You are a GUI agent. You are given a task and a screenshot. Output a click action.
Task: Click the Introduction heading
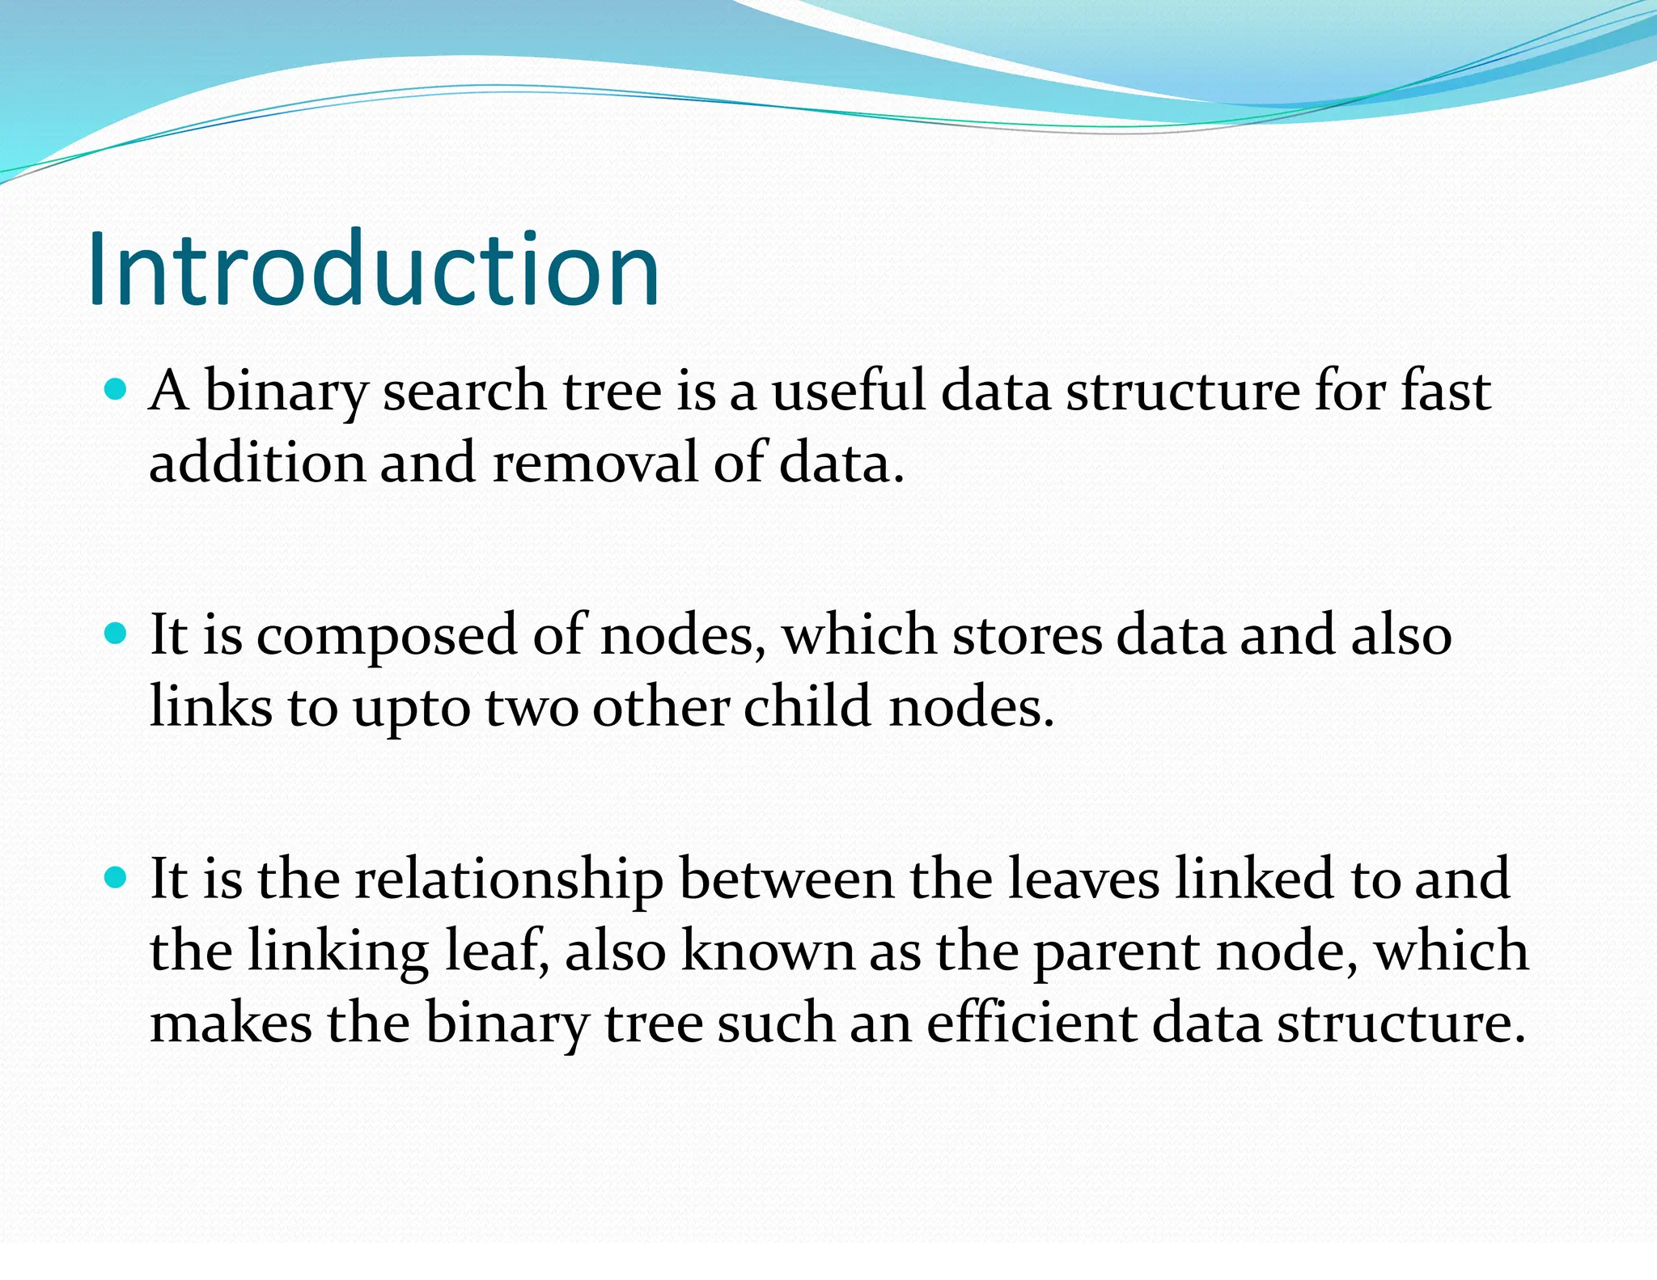(x=374, y=269)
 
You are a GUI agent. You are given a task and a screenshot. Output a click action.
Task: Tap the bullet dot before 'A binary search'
(x=117, y=392)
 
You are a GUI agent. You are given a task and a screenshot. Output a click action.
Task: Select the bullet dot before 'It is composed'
(x=117, y=634)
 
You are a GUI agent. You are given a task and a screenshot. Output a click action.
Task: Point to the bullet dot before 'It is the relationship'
(x=117, y=878)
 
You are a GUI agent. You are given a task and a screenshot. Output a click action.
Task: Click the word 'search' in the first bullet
(x=464, y=392)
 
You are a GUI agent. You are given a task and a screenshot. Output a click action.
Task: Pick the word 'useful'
(x=848, y=392)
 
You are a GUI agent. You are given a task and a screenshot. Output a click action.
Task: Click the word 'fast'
(x=1445, y=392)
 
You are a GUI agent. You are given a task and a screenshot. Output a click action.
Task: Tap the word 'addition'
(x=257, y=464)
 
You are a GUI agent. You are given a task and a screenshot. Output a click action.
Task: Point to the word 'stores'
(x=1027, y=635)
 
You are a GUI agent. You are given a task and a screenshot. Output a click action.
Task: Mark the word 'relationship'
(x=509, y=880)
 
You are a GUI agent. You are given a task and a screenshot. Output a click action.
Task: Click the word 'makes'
(x=231, y=1023)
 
